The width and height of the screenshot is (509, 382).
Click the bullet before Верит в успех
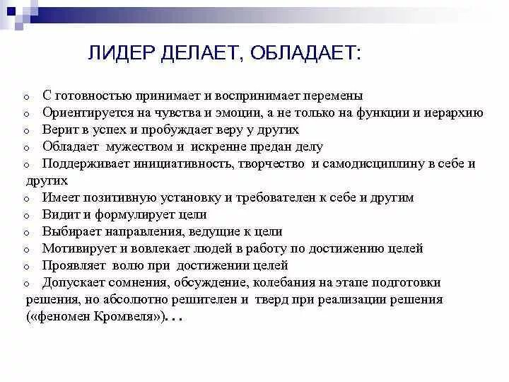[x=25, y=131]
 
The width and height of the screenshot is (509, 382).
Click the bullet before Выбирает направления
[x=25, y=233]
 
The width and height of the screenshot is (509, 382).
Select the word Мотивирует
[x=77, y=248]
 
